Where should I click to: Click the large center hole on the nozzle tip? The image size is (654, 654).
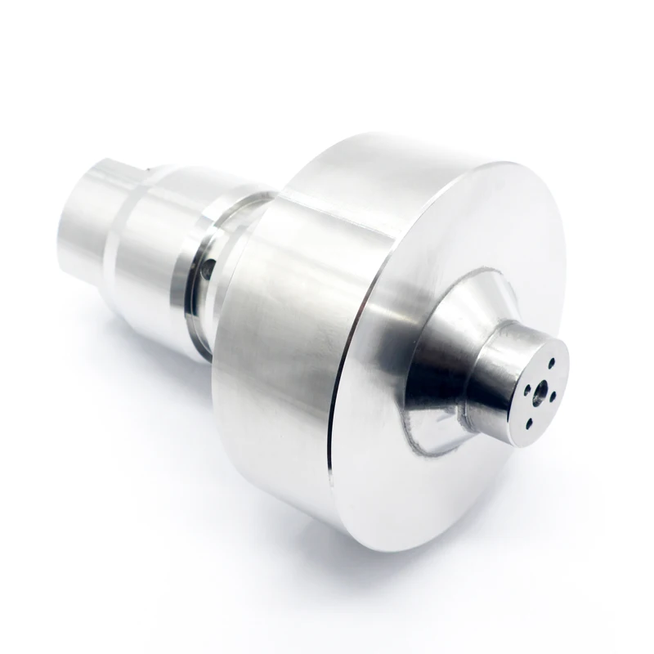click(539, 392)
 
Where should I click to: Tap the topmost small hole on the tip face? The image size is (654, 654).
click(553, 361)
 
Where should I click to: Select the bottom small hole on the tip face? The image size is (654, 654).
click(526, 422)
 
